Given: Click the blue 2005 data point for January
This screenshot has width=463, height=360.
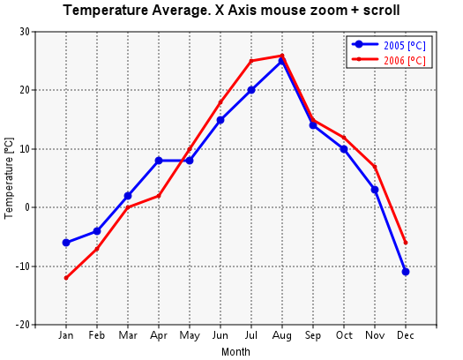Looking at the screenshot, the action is coord(66,243).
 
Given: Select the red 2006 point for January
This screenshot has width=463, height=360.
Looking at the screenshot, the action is coord(66,278).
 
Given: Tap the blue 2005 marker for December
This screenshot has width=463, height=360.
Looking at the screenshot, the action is coord(406,272).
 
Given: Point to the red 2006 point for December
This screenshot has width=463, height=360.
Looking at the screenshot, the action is coord(406,243).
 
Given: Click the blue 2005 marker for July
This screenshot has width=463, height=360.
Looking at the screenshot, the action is coord(251,90).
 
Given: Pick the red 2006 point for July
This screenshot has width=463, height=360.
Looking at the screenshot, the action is coord(251,61).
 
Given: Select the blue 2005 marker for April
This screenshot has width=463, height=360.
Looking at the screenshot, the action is coord(159,161).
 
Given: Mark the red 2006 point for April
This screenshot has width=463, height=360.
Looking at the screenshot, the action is coord(159,196).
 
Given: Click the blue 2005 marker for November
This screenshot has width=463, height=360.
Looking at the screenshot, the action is coord(375,190).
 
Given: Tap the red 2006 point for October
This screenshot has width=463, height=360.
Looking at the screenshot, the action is coord(344,138).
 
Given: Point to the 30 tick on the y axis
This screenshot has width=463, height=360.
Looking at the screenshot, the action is coord(25,32).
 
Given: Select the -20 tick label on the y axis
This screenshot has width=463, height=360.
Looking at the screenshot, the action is coord(23,325).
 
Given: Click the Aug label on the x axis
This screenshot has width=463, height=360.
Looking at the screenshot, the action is coord(282,336).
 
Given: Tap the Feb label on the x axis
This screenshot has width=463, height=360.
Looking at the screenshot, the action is coord(96,335).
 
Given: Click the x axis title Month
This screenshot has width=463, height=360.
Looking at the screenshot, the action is coord(235,352).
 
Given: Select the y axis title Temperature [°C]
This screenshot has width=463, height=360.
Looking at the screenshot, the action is coord(9,178).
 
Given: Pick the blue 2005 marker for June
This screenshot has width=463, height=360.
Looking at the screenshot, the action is coord(220,120).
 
